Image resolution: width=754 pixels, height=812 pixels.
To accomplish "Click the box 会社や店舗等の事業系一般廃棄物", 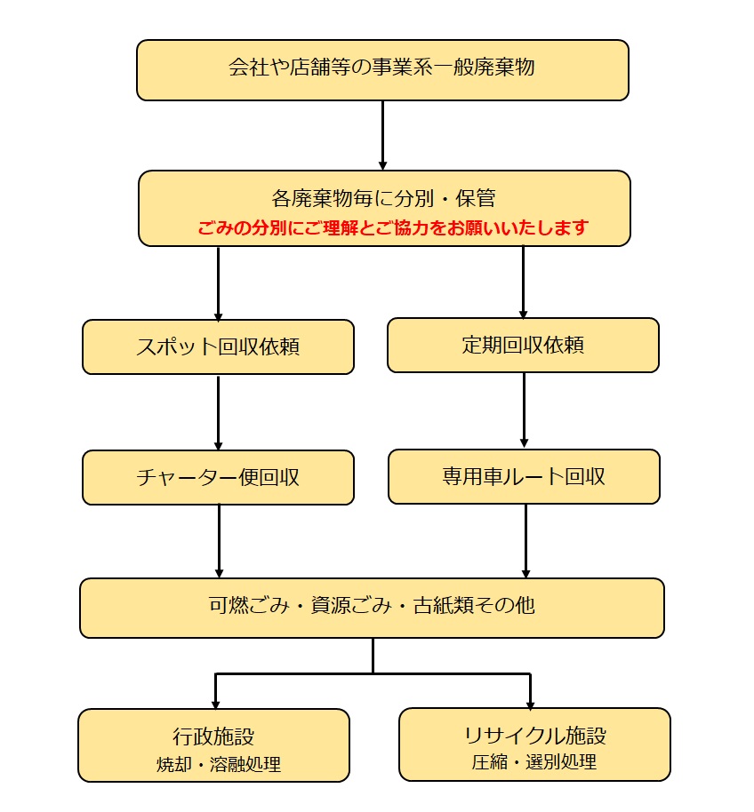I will tap(382, 69).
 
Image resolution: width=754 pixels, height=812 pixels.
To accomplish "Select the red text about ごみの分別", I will tap(393, 227).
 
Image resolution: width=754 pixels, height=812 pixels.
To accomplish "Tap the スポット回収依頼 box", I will tap(218, 346).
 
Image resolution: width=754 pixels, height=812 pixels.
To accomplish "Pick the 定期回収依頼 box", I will tap(523, 345).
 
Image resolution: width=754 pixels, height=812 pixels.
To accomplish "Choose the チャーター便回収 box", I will tap(218, 477).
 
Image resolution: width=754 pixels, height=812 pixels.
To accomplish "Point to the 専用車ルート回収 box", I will tap(524, 476).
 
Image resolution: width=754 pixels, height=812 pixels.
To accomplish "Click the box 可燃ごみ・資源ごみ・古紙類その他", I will tap(372, 608).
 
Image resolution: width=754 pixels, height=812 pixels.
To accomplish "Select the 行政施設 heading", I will tap(213, 736).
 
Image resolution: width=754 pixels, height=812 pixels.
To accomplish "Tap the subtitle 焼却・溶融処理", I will tap(213, 763).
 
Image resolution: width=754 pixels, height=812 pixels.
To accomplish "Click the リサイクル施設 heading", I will tap(534, 736).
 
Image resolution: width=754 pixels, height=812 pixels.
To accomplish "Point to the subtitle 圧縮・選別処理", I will tap(534, 761).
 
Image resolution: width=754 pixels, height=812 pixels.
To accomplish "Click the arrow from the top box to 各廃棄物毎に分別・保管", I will tap(383, 134).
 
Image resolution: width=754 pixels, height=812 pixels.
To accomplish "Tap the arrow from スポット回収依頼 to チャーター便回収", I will tap(218, 412).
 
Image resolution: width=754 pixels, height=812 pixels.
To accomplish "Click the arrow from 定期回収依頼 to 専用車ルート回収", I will tap(524, 410).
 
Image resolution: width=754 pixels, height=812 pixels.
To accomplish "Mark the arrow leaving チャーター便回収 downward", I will tap(219, 541).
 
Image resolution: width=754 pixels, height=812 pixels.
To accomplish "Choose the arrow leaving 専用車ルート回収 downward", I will tap(525, 541).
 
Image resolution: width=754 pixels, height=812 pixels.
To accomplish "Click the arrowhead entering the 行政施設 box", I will tap(215, 702).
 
